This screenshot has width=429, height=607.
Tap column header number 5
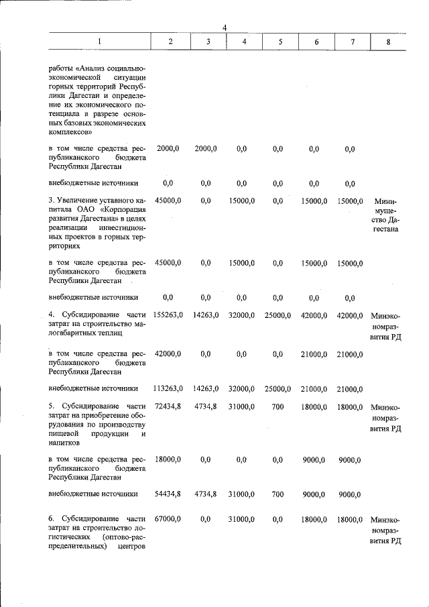point(281,42)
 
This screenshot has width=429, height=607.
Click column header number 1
point(100,42)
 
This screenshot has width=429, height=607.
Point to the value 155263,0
point(168,315)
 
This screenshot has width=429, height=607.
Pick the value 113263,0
point(168,388)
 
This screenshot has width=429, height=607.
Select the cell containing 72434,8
point(168,406)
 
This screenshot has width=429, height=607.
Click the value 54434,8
point(168,494)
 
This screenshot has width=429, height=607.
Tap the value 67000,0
point(168,519)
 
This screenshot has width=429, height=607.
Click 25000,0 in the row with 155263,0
point(278,315)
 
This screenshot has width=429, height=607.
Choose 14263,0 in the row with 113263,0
point(206,388)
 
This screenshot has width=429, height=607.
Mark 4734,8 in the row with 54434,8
point(206,494)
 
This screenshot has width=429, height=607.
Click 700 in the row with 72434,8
point(278,406)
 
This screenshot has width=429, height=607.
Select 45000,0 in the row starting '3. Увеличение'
point(168,201)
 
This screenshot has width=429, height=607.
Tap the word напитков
point(64,443)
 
